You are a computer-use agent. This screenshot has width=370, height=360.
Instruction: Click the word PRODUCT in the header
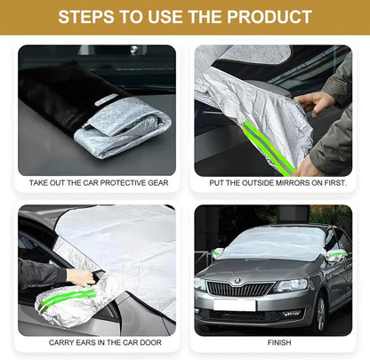(269, 17)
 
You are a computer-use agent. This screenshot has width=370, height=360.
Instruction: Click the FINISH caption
(279, 342)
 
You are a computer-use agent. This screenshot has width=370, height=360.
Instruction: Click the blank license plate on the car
(235, 305)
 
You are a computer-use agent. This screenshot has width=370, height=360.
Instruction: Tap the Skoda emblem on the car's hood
(237, 280)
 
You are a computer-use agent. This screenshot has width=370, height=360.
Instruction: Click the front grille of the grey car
(239, 289)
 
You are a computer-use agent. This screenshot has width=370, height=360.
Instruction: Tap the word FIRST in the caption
(335, 183)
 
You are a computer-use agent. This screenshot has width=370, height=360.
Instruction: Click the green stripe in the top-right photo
(269, 148)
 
